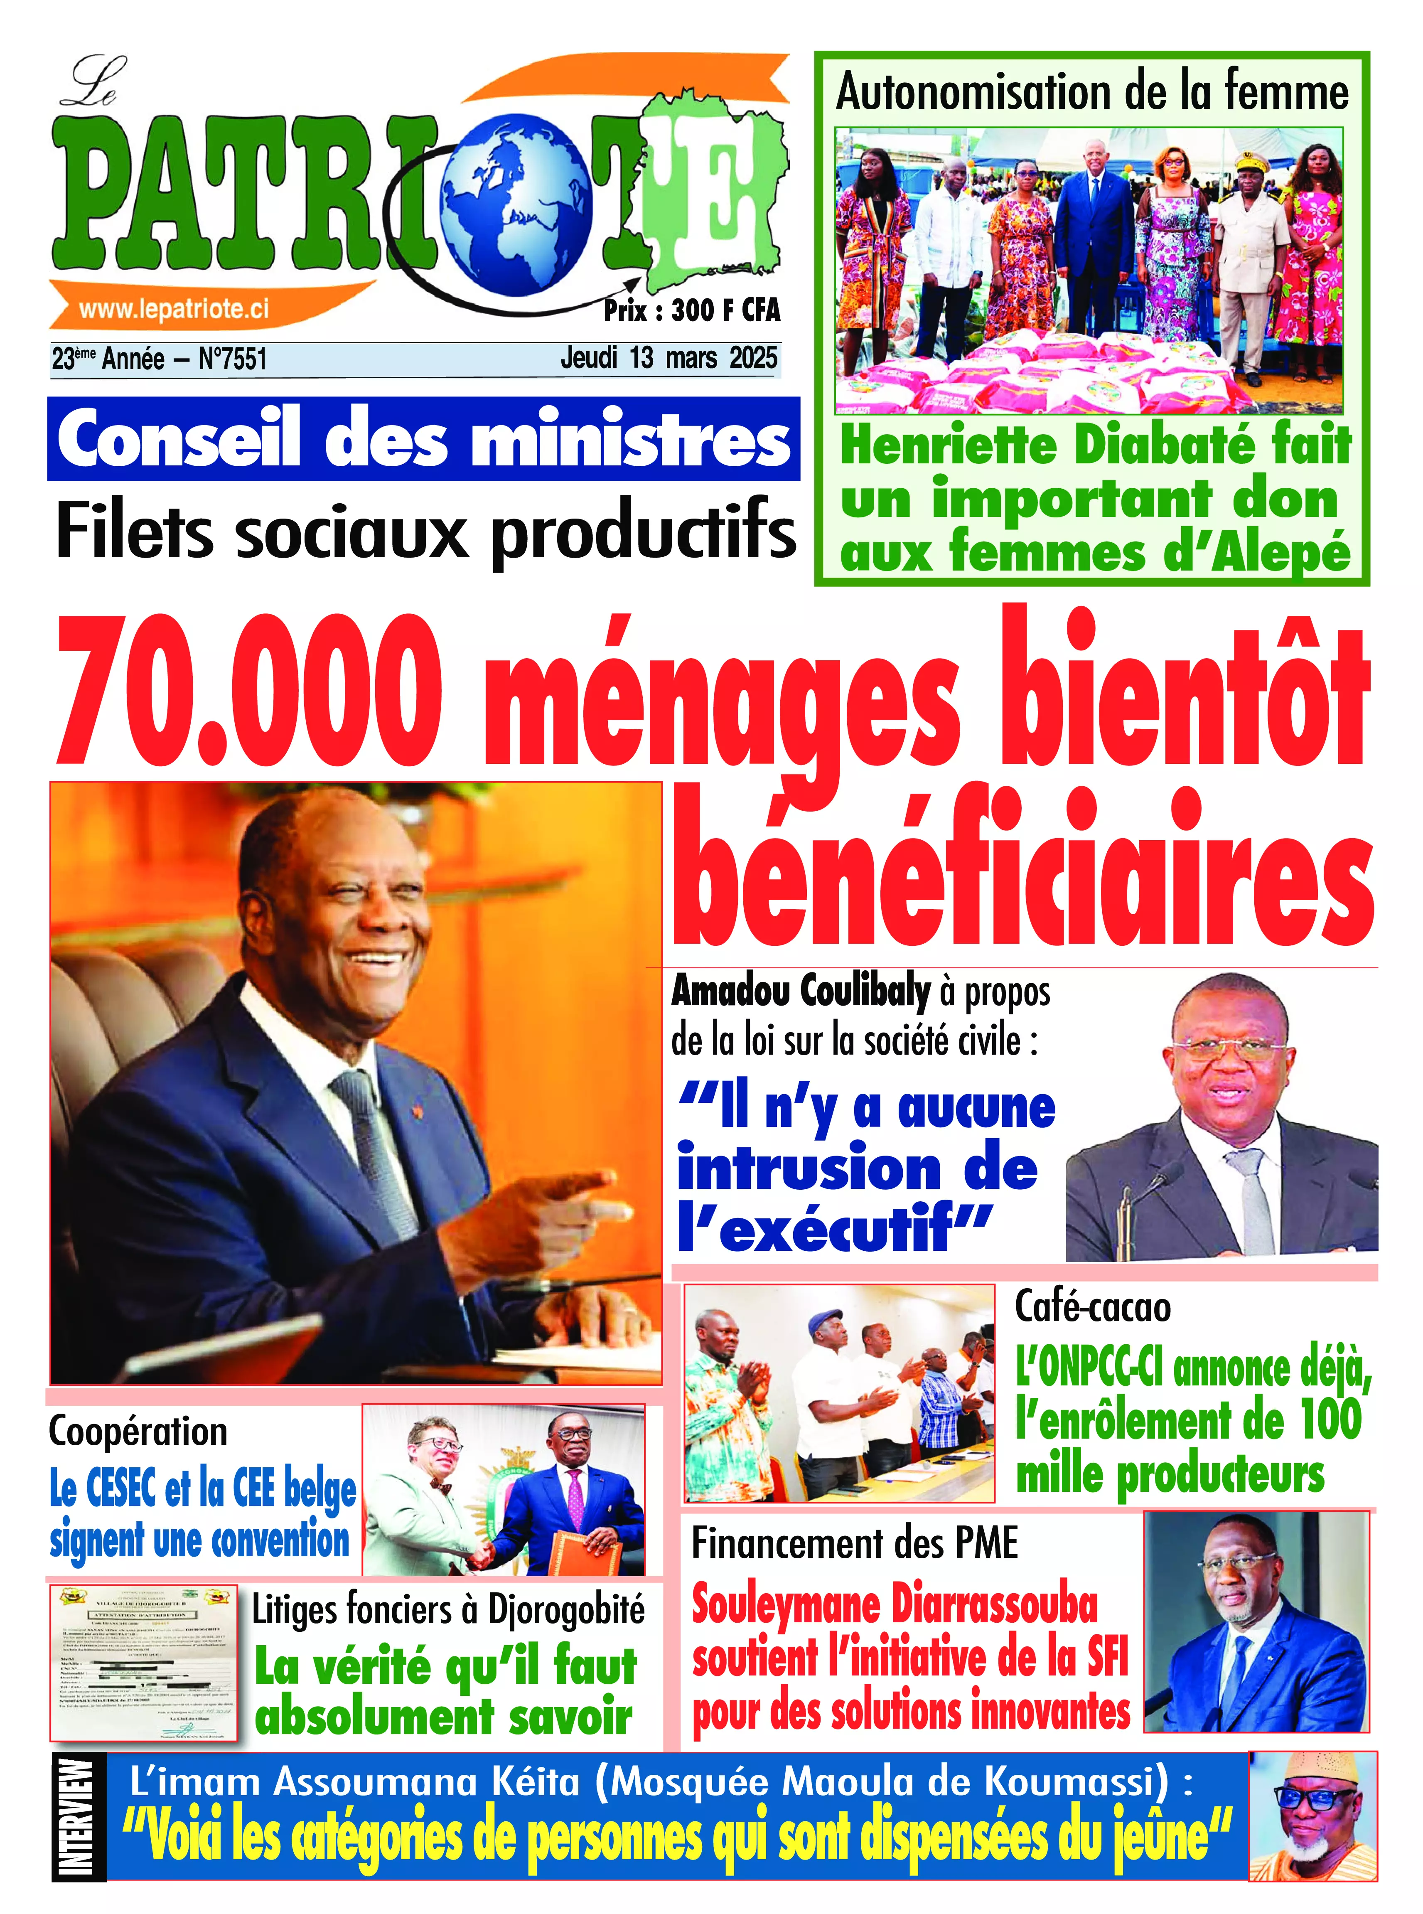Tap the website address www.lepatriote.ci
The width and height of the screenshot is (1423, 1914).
[174, 309]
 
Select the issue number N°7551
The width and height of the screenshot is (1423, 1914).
[233, 358]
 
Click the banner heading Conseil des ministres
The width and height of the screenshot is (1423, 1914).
[423, 439]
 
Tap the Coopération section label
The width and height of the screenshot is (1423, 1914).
[138, 1431]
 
